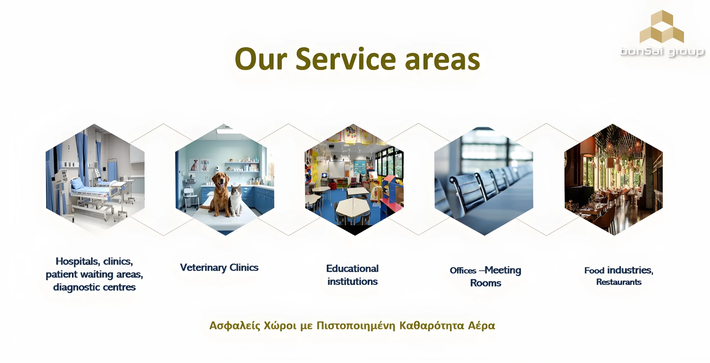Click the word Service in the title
point(346,59)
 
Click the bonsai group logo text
point(662,52)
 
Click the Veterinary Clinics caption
point(219,268)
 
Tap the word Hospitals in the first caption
point(78,261)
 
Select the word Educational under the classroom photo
point(352,269)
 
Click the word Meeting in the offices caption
point(503,270)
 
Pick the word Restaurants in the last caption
point(619,282)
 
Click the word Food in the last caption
point(594,271)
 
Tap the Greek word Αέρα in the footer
point(481,326)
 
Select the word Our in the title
point(261,59)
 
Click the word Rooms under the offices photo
point(486,283)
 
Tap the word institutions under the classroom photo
point(353,282)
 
